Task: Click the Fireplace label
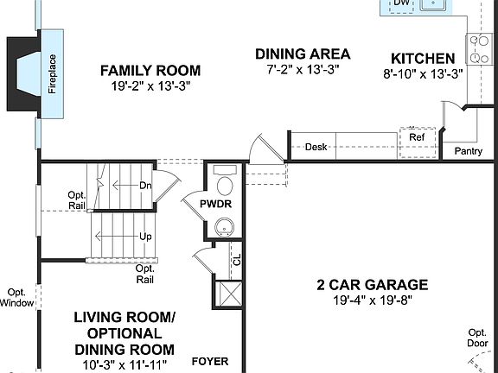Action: coord(52,75)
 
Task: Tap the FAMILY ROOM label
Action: coord(150,70)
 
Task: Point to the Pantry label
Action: coord(468,151)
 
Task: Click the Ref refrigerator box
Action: coord(418,136)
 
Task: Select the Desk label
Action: coord(316,147)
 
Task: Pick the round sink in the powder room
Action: coord(226,228)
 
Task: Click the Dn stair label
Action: coord(146,185)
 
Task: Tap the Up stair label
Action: coord(146,236)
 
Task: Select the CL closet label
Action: coord(236,256)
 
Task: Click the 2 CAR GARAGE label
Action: coord(372,284)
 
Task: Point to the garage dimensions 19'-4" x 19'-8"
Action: coord(372,300)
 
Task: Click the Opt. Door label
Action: coord(476,338)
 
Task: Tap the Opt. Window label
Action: coord(17,297)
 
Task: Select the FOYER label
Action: coord(209,361)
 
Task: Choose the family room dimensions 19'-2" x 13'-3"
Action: coord(150,86)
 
